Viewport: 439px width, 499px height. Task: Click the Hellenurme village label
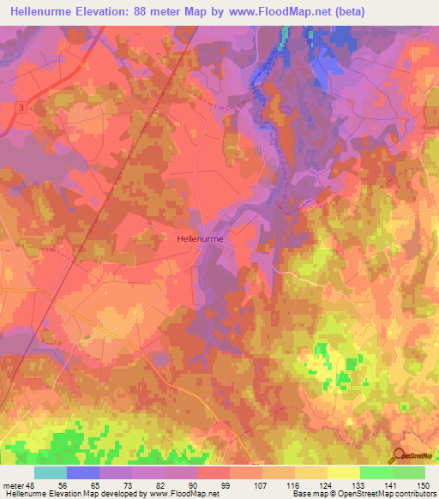200,241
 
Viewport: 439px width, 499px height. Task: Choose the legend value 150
422,485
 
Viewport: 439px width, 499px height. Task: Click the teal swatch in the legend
51,472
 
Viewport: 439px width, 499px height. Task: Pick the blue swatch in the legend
83,472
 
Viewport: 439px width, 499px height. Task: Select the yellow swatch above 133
343,472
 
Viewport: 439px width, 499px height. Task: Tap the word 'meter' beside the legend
13,485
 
